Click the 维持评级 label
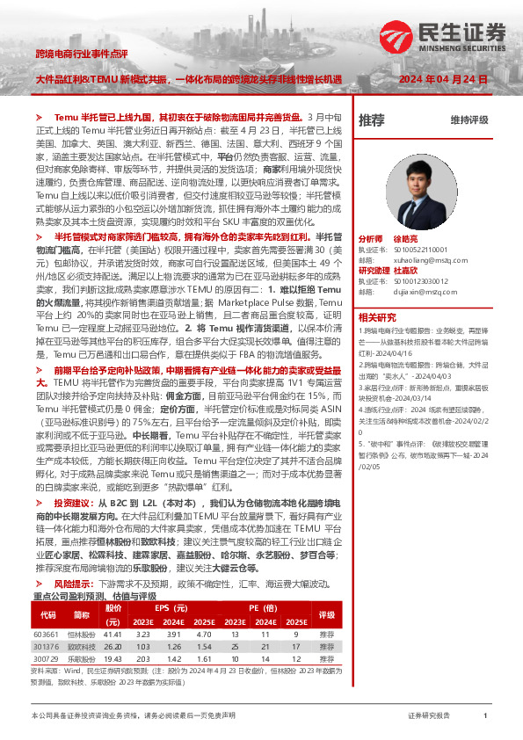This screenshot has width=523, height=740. tap(469, 120)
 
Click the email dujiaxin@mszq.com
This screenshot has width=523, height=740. tap(411, 293)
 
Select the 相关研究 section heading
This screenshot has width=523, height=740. tap(379, 316)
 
